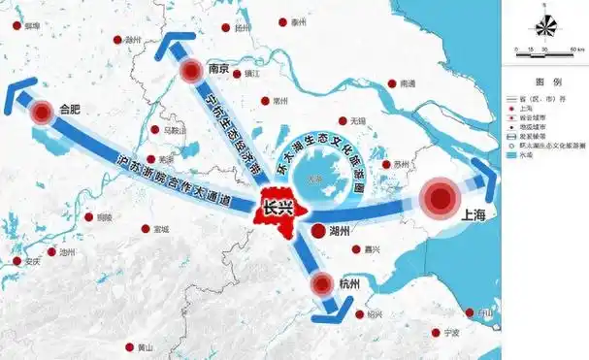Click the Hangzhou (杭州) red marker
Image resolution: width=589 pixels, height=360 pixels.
point(322,284)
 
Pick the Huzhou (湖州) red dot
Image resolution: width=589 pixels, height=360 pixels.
point(319,230)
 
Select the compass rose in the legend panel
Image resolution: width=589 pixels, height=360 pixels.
point(544,25)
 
